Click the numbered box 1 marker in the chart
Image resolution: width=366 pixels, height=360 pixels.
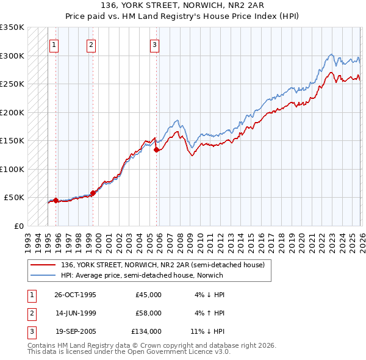point(54,45)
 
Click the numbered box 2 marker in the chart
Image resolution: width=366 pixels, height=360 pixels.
point(91,45)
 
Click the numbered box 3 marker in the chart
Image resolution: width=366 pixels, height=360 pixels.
point(154,45)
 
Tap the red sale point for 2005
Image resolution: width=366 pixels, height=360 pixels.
point(157,149)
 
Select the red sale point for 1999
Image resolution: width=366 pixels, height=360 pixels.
point(93,193)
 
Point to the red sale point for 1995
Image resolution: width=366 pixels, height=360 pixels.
point(56,200)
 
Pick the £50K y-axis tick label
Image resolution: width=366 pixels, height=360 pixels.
point(15,198)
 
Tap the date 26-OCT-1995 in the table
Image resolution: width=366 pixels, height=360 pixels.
point(75,295)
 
